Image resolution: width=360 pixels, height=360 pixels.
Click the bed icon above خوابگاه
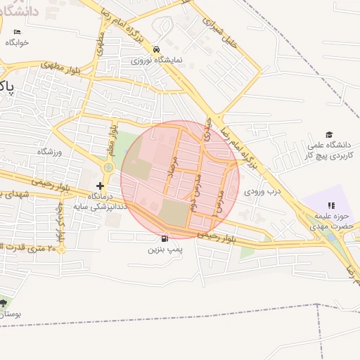(18, 32)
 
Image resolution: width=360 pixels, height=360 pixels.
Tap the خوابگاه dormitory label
(17, 43)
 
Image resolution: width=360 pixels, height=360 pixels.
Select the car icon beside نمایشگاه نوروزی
(155, 49)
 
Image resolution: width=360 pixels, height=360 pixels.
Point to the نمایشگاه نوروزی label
(160, 60)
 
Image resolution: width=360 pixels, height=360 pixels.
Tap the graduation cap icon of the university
(328, 135)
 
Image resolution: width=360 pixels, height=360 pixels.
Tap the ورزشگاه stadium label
(49, 152)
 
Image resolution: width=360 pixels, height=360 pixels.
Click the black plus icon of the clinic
(101, 186)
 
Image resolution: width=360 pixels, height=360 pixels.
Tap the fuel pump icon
(165, 238)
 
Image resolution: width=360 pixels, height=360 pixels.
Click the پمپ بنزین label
(165, 250)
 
